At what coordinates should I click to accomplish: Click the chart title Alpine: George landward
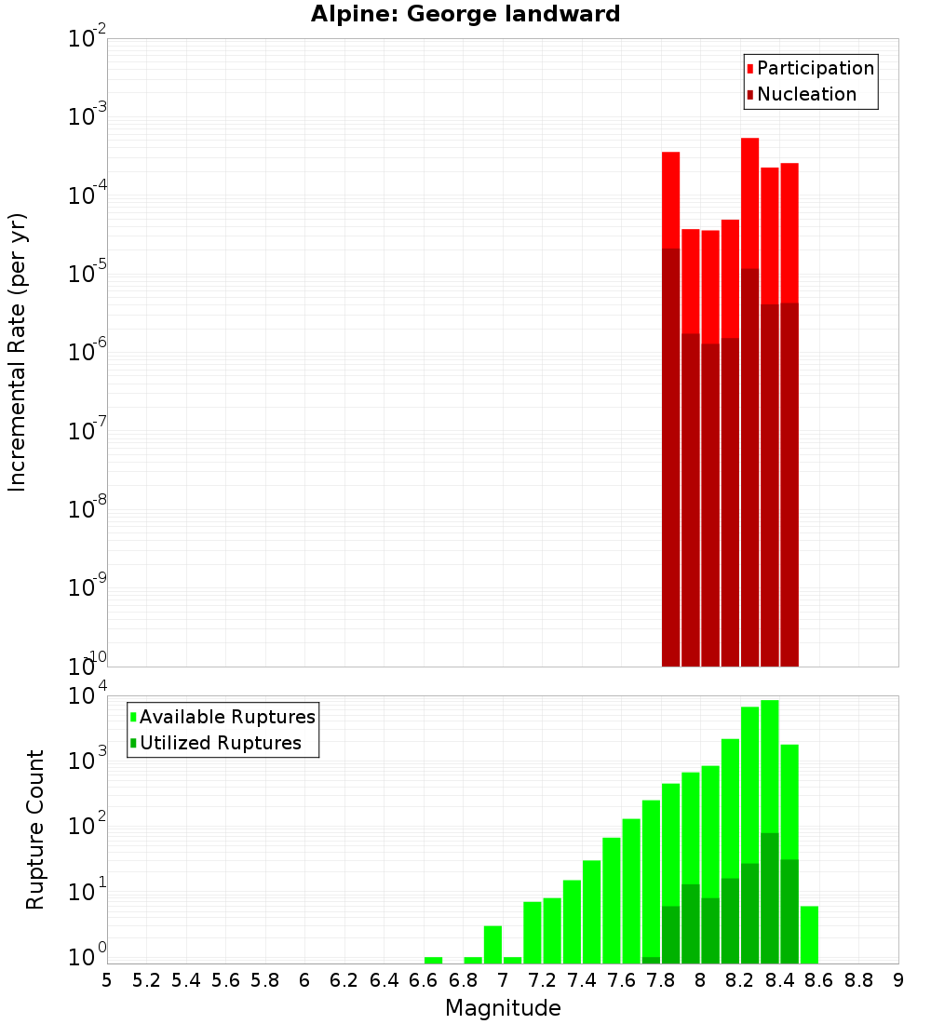(x=465, y=14)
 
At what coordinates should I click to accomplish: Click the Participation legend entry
(x=815, y=68)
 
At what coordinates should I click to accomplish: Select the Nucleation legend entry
(x=805, y=94)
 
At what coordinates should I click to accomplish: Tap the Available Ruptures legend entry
(x=226, y=717)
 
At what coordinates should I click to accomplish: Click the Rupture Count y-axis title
(x=35, y=829)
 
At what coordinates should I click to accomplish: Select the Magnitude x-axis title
(x=503, y=1008)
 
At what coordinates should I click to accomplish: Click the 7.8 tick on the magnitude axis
(x=661, y=979)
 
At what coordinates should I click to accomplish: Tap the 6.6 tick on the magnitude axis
(x=424, y=979)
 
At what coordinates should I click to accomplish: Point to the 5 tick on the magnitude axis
(x=107, y=979)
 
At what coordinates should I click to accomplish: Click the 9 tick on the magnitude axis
(x=898, y=979)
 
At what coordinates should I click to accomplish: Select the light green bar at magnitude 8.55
(x=809, y=931)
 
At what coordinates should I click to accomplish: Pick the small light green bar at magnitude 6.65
(x=434, y=960)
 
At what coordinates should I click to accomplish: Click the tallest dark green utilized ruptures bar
(x=770, y=894)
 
